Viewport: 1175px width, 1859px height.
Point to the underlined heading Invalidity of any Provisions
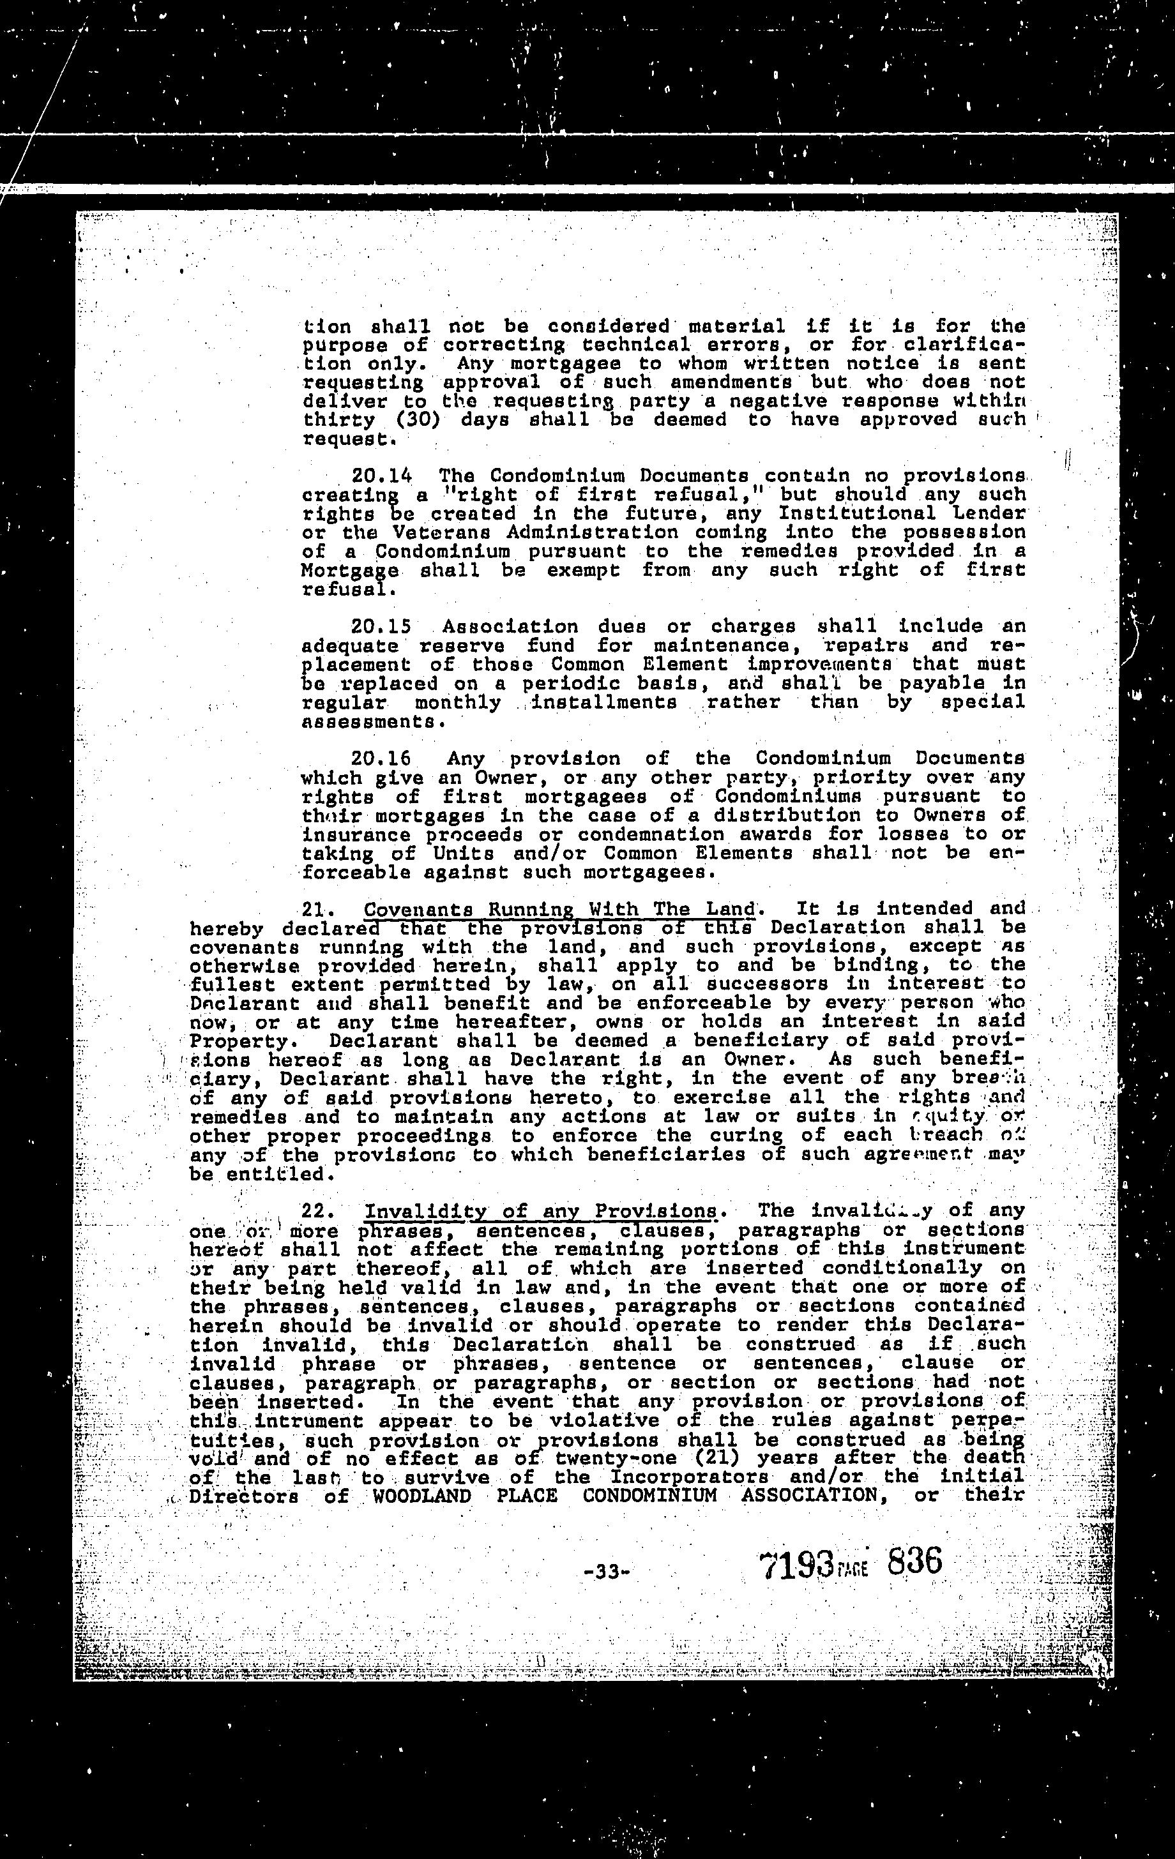click(540, 1210)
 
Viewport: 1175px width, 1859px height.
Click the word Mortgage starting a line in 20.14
click(351, 571)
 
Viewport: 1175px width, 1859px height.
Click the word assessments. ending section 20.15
click(374, 722)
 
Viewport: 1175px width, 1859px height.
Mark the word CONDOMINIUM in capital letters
click(649, 1496)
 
